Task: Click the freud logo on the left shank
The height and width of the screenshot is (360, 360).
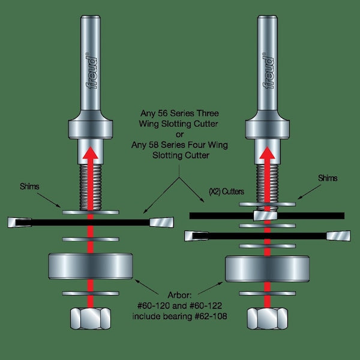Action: [92, 71]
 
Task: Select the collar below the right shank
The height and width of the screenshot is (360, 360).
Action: [268, 128]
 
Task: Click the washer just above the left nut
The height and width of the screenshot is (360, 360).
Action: [90, 293]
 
